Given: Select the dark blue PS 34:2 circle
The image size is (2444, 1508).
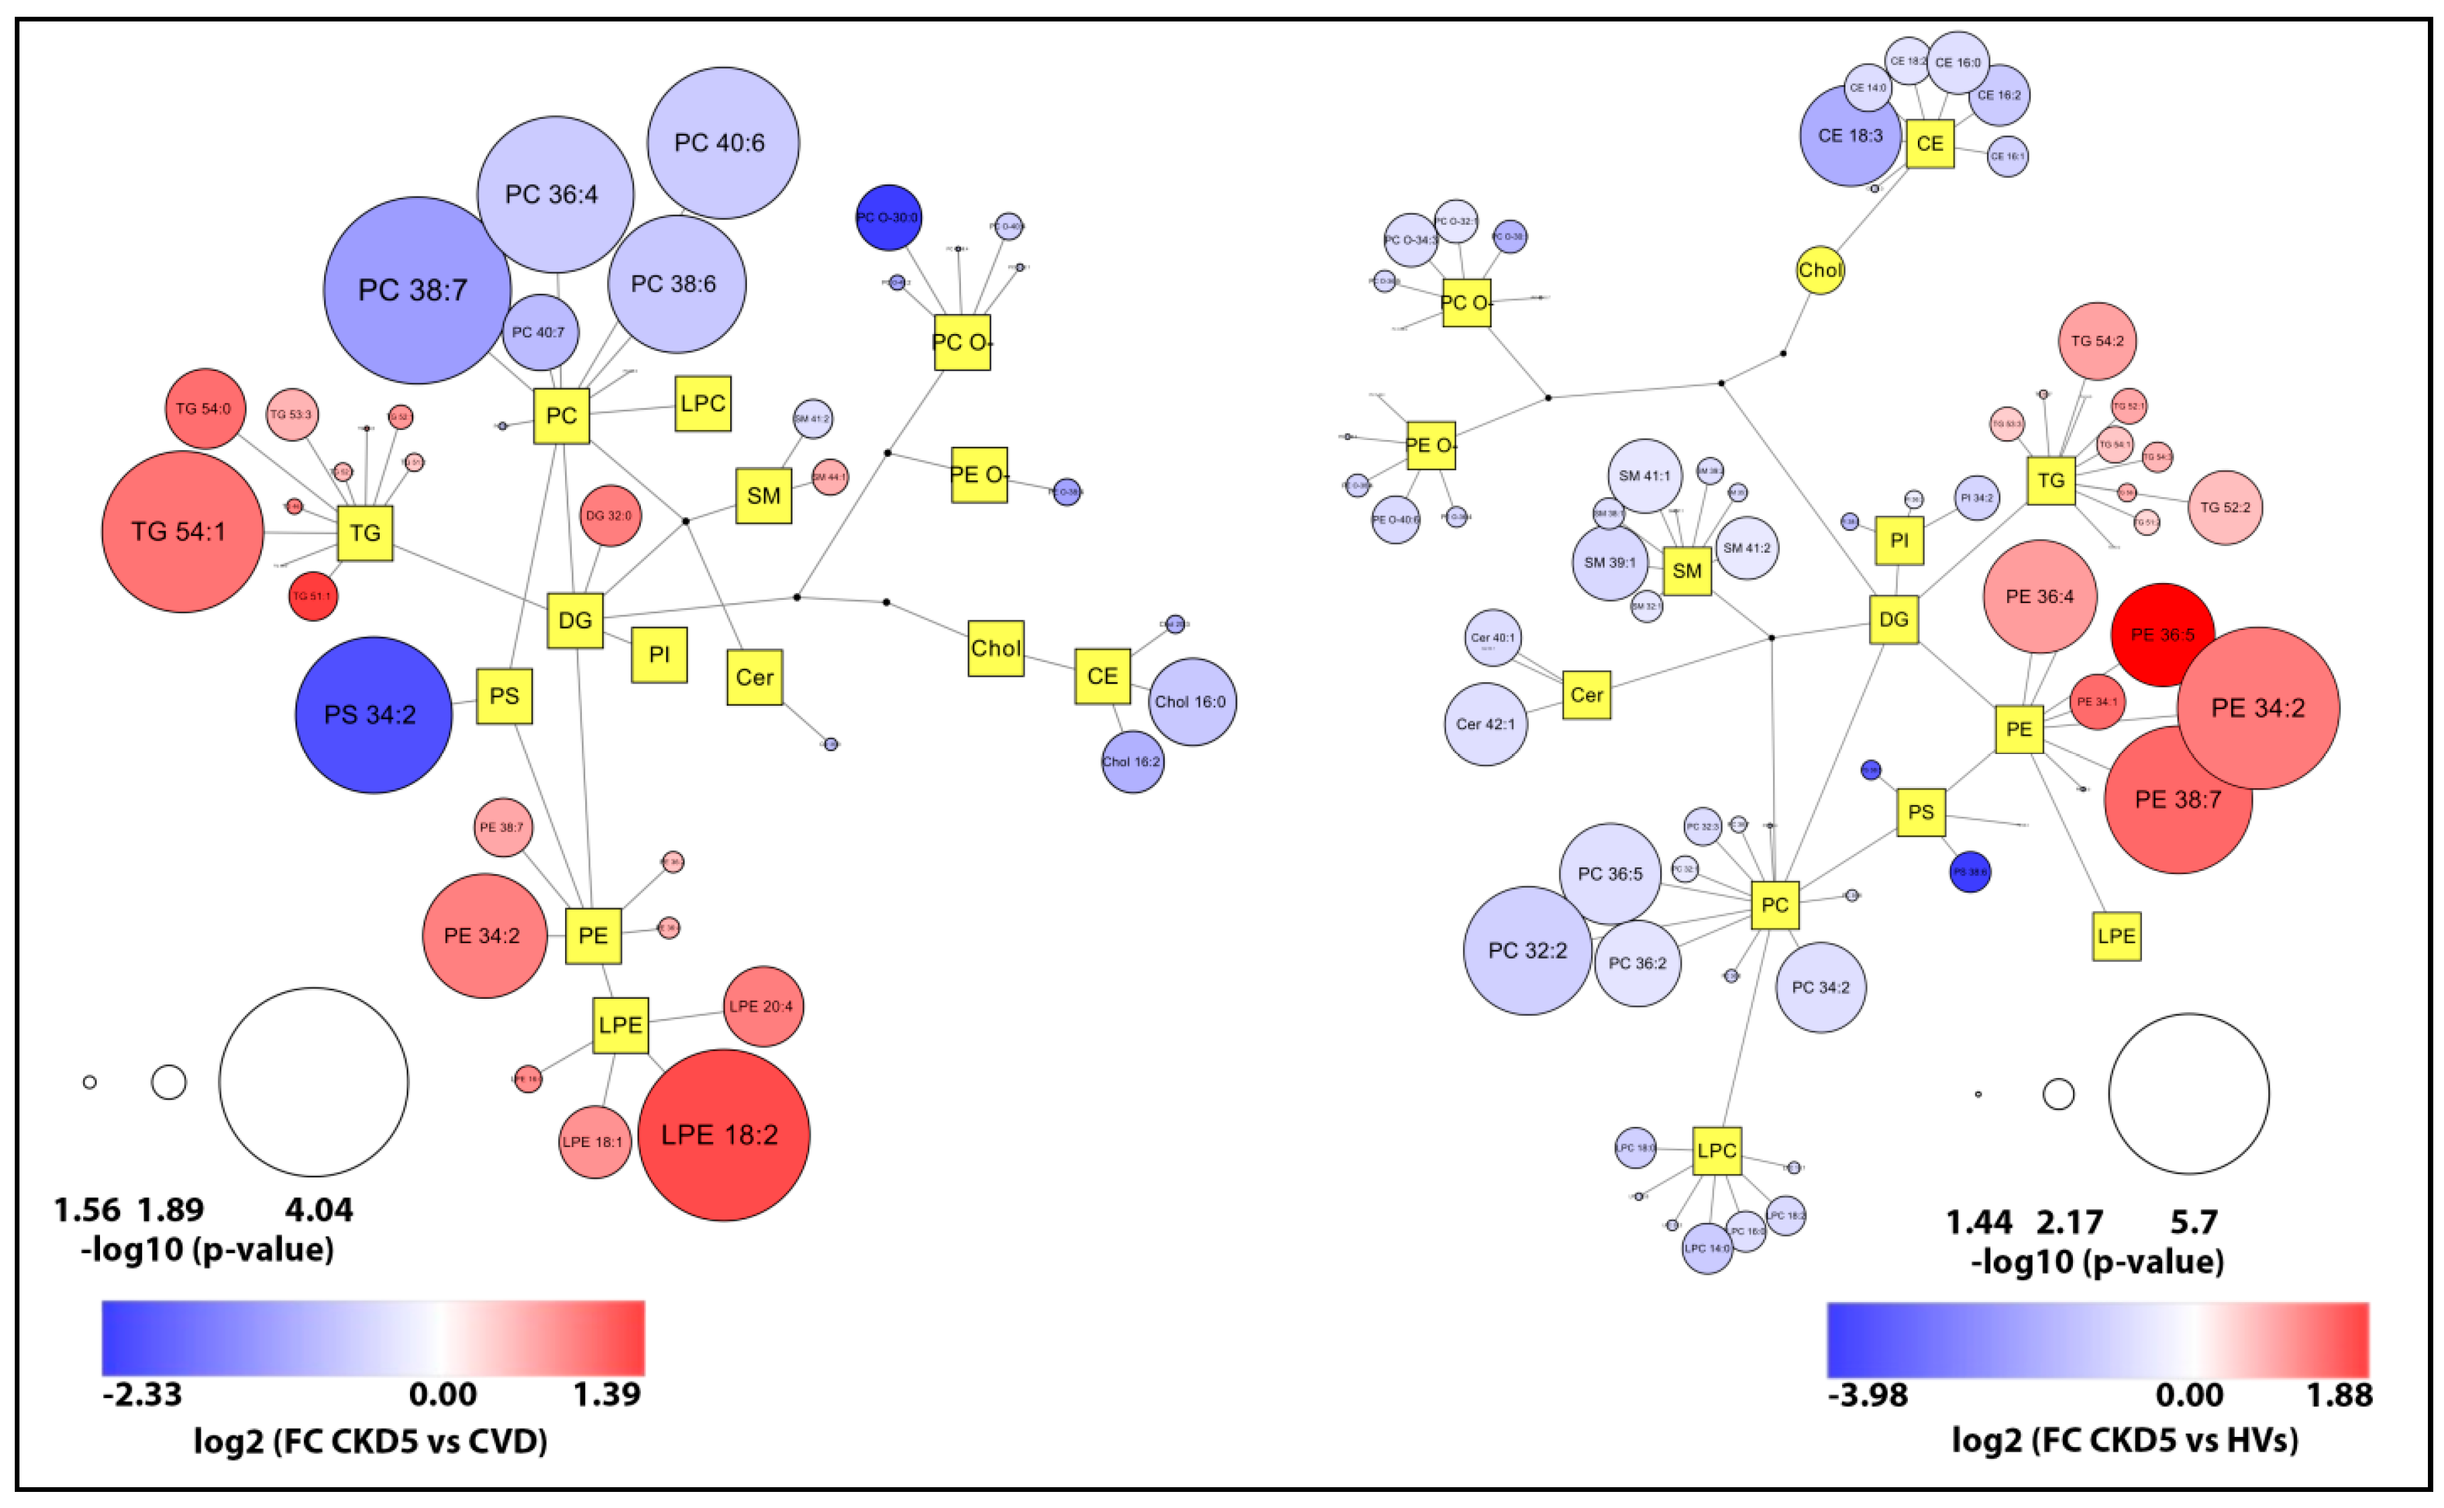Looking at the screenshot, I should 372,715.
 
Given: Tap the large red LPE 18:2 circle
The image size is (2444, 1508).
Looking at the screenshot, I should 722,1135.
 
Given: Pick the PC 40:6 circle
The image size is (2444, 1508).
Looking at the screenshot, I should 721,143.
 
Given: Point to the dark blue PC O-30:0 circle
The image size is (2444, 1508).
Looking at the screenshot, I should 888,217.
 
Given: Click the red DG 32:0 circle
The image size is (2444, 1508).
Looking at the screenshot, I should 609,516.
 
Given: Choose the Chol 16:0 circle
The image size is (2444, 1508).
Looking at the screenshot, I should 1191,702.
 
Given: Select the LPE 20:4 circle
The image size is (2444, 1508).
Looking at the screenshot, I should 763,1006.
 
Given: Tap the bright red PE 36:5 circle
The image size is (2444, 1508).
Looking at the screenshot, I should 2161,635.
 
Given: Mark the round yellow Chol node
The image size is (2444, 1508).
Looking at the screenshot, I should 1819,270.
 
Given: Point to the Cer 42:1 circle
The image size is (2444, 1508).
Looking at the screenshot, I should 1484,724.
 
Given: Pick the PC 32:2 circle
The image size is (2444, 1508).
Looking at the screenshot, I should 1526,951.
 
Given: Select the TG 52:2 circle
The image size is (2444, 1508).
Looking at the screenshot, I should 2223,508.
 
